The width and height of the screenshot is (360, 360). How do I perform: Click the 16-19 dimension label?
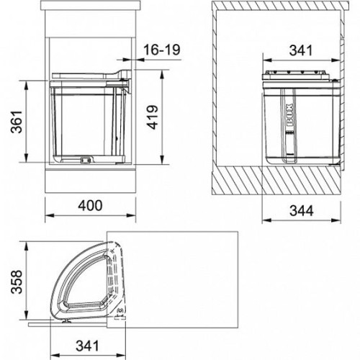tap(161, 50)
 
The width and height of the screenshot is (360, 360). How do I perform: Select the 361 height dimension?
tap(17, 122)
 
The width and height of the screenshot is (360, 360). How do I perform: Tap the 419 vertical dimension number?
tap(152, 117)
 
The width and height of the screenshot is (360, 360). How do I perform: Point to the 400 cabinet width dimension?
tap(90, 206)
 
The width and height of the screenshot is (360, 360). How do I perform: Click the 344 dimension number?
tap(302, 211)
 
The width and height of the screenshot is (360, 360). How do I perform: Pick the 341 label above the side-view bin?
tap(301, 50)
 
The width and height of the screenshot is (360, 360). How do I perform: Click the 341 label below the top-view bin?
tap(87, 346)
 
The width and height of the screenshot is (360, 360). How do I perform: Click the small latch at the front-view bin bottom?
tap(86, 159)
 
